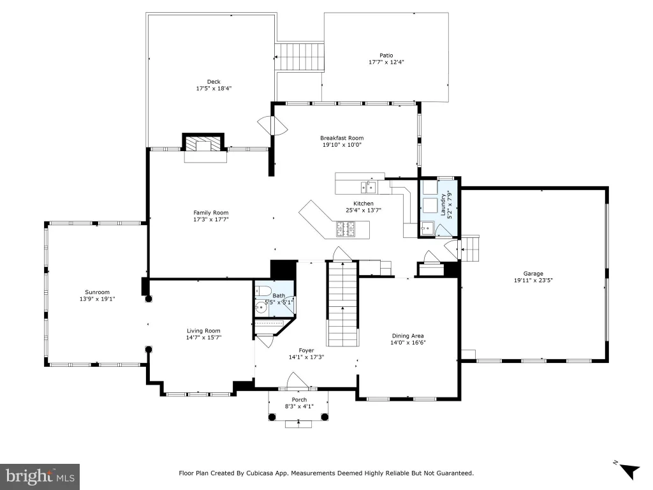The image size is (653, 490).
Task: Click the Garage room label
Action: point(533,274)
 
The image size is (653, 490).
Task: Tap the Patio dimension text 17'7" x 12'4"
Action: point(386,62)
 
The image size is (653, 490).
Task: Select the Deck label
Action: point(214,82)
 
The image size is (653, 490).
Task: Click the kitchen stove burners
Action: point(346,229)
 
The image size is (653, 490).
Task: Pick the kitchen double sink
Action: point(368,187)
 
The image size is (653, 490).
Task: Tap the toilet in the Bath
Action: point(263,291)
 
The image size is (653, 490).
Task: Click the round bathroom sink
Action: point(261,308)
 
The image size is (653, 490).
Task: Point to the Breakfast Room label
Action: point(342,138)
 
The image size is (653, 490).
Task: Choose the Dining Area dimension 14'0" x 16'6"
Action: point(407,343)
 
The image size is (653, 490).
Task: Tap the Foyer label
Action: point(306,350)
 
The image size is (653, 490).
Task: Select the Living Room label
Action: point(203,331)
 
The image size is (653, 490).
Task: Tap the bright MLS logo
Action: point(40,477)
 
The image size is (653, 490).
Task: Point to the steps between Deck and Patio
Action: point(300,57)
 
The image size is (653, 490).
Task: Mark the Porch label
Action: point(299,399)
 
